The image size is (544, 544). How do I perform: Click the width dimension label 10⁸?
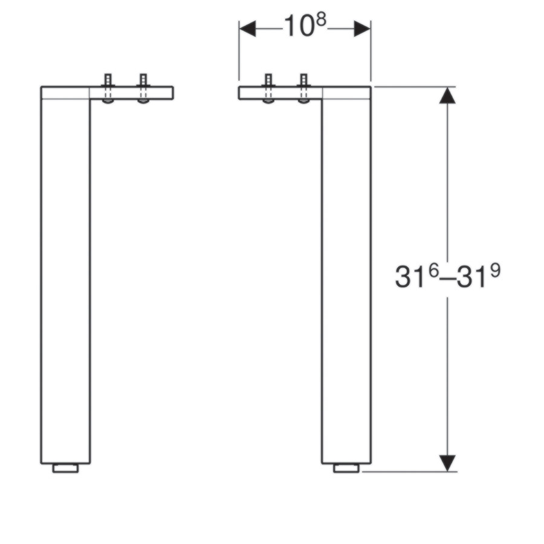(305, 25)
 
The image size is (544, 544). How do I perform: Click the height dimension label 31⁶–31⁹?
(447, 276)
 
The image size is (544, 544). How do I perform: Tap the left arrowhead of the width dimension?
(247, 28)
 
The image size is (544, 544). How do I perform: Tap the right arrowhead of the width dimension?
(362, 28)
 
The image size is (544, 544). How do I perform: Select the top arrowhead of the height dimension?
(447, 96)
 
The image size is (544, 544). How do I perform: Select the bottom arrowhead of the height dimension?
(447, 463)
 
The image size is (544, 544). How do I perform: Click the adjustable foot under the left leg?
(65, 468)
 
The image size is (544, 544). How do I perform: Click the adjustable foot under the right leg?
(346, 468)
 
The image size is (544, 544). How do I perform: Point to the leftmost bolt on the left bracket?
(108, 88)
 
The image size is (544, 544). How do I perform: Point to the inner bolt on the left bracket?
(143, 88)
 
